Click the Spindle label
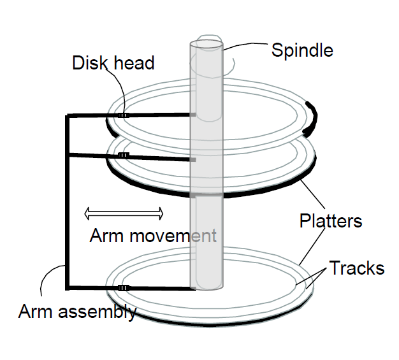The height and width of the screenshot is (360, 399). [x=302, y=50]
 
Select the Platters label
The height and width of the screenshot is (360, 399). [x=331, y=221]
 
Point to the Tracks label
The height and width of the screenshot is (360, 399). [x=357, y=268]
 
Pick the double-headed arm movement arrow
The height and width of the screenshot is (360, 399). [x=124, y=213]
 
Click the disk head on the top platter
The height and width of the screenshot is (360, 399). [x=124, y=115]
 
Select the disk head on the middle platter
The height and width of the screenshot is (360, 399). [x=124, y=155]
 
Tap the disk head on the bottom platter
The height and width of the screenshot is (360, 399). [x=124, y=288]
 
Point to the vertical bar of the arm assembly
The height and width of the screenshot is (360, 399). [x=67, y=204]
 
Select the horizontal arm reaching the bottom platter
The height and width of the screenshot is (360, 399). [x=159, y=289]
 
